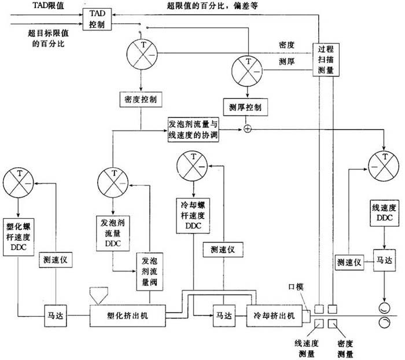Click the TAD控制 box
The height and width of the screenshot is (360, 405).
pos(97,20)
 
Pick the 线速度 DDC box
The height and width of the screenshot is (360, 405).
pos(382,214)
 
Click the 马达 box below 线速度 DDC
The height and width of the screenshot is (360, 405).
pos(382,260)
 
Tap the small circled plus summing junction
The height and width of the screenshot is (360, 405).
pos(248,128)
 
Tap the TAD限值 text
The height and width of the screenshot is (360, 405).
pos(40,5)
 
